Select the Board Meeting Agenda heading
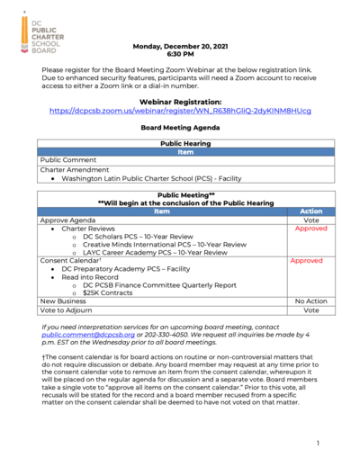click(x=179, y=128)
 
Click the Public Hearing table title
click(x=179, y=143)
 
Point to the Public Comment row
click(x=62, y=159)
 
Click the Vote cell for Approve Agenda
click(x=311, y=220)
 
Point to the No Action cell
click(x=310, y=301)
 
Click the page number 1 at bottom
click(x=318, y=444)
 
